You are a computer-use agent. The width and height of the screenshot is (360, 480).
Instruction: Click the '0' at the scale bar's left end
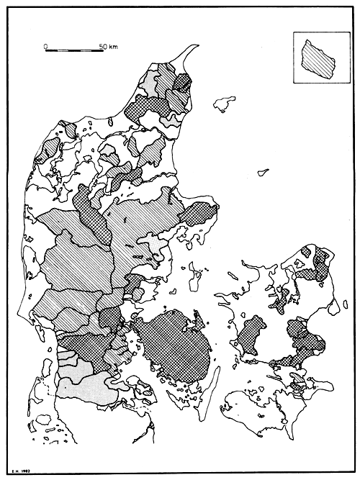(x=45, y=45)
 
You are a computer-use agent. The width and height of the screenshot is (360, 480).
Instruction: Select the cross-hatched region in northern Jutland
(x=144, y=108)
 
